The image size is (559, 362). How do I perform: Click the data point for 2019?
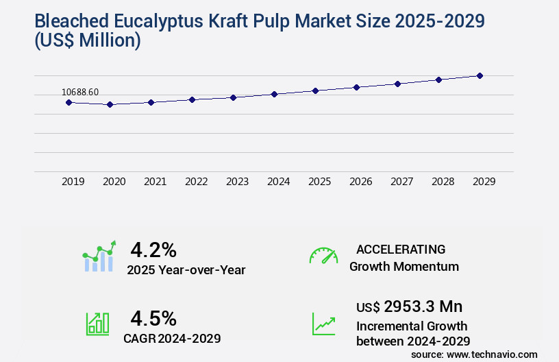(x=69, y=102)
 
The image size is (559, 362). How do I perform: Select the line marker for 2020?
(x=110, y=104)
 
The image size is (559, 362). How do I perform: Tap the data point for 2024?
(x=274, y=94)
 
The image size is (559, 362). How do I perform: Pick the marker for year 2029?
(x=480, y=75)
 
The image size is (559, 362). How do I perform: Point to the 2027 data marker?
(x=397, y=84)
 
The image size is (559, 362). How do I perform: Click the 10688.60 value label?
(x=80, y=92)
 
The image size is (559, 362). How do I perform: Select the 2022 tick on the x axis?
(x=196, y=182)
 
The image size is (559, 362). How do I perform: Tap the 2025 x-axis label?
(x=319, y=182)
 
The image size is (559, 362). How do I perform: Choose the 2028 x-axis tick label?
(x=443, y=182)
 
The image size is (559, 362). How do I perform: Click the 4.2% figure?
(x=153, y=249)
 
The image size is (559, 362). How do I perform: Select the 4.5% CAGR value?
(x=153, y=318)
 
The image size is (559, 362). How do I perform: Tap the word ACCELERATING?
(x=401, y=249)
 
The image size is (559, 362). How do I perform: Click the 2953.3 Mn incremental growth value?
(x=423, y=306)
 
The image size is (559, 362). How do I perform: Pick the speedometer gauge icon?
(x=323, y=255)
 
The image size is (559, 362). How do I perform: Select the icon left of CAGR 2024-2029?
(x=97, y=324)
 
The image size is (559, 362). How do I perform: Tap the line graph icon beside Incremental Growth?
(x=323, y=324)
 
